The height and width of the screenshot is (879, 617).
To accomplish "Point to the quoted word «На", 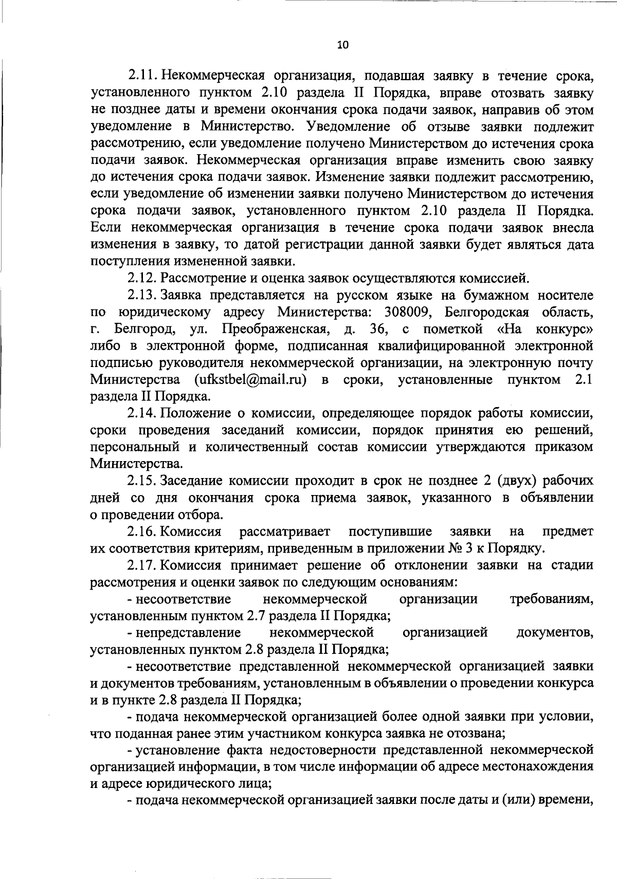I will coord(510,329).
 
